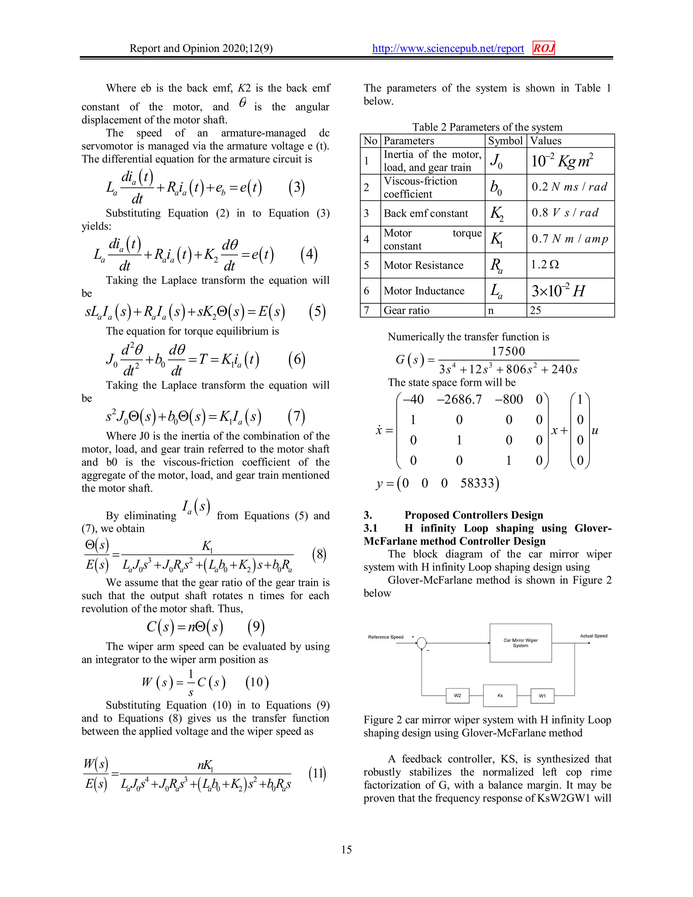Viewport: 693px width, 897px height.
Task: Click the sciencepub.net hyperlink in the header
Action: click(448, 48)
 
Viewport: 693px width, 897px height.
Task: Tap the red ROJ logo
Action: click(543, 48)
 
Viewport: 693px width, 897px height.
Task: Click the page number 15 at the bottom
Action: click(346, 849)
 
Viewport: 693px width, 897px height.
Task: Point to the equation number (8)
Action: click(319, 554)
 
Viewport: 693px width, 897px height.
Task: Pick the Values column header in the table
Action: click(545, 141)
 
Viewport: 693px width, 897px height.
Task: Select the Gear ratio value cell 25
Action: click(535, 310)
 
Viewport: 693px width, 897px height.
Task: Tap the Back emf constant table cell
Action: click(426, 214)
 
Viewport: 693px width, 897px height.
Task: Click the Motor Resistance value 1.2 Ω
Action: click(545, 265)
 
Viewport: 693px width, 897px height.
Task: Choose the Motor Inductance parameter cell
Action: click(424, 291)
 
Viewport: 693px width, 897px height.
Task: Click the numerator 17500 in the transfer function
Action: click(508, 352)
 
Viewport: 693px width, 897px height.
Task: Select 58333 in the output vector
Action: click(477, 483)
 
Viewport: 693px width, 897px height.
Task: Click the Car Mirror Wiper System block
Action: click(520, 643)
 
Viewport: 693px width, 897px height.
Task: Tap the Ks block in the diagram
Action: click(500, 696)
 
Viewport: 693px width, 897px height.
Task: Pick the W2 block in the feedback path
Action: click(457, 696)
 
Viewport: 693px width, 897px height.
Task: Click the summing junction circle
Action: click(422, 643)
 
